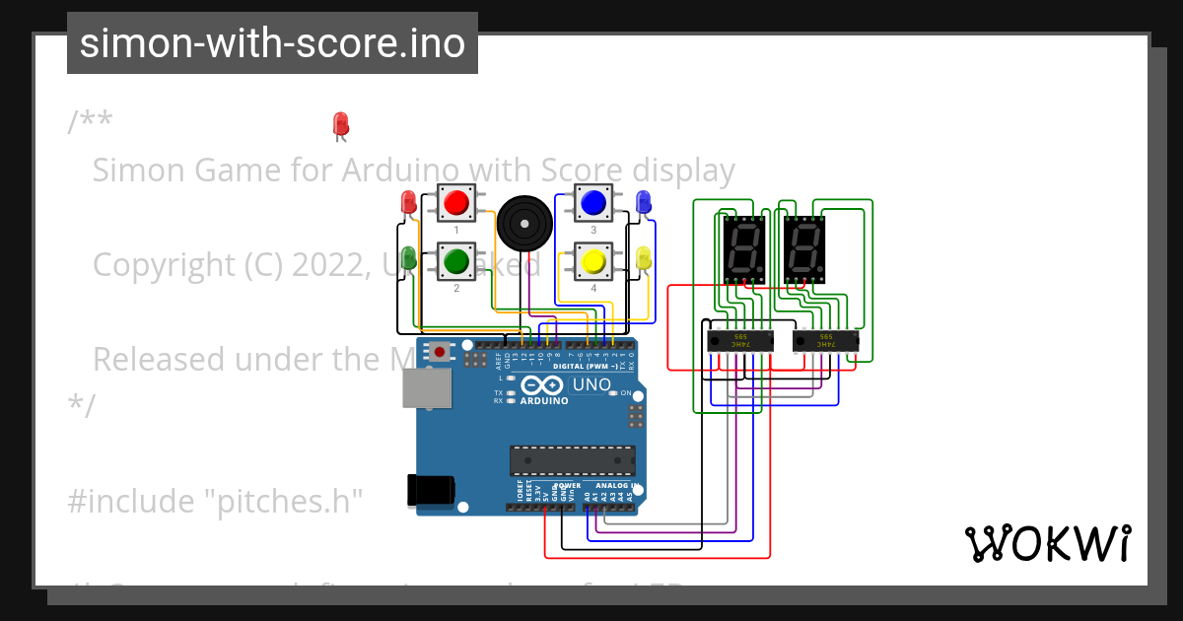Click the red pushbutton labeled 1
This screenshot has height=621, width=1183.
[x=455, y=203]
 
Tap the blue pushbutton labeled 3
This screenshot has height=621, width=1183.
[x=592, y=203]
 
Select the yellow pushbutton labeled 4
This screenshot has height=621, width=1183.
[x=592, y=261]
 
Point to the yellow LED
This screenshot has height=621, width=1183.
[x=644, y=258]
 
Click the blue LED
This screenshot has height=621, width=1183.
[x=644, y=202]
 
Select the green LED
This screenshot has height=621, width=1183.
[x=408, y=258]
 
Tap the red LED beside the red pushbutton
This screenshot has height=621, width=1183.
[x=408, y=203]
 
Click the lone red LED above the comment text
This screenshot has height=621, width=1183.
[x=341, y=124]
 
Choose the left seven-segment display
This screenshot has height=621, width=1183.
[x=742, y=247]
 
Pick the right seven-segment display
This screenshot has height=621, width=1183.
[x=803, y=247]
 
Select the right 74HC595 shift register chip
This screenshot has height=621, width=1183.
[x=826, y=341]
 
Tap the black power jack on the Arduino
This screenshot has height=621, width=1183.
[x=431, y=490]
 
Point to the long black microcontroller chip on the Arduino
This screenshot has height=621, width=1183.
[x=572, y=460]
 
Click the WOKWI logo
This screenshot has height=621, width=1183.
[x=1047, y=543]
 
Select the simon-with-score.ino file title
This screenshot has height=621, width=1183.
[x=272, y=43]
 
